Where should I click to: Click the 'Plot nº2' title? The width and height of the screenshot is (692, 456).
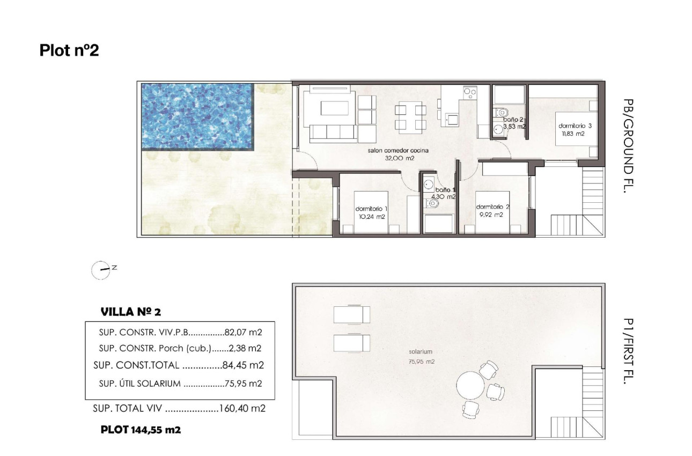tap(69, 50)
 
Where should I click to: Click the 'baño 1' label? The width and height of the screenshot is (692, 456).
tap(445, 190)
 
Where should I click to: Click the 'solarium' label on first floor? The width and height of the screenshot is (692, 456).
tap(419, 352)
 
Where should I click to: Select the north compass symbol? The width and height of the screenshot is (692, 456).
tap(100, 270)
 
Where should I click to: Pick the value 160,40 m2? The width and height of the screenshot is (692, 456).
tap(242, 409)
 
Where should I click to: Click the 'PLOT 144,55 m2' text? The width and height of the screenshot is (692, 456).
tap(141, 430)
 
